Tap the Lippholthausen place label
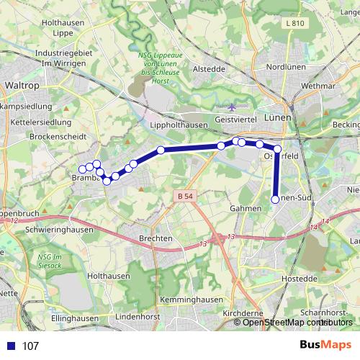coord(179,125)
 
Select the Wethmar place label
coord(319,85)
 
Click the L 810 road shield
coord(295,23)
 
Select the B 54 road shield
coord(184,196)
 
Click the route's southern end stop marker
coord(275,199)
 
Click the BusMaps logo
coord(326,345)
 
